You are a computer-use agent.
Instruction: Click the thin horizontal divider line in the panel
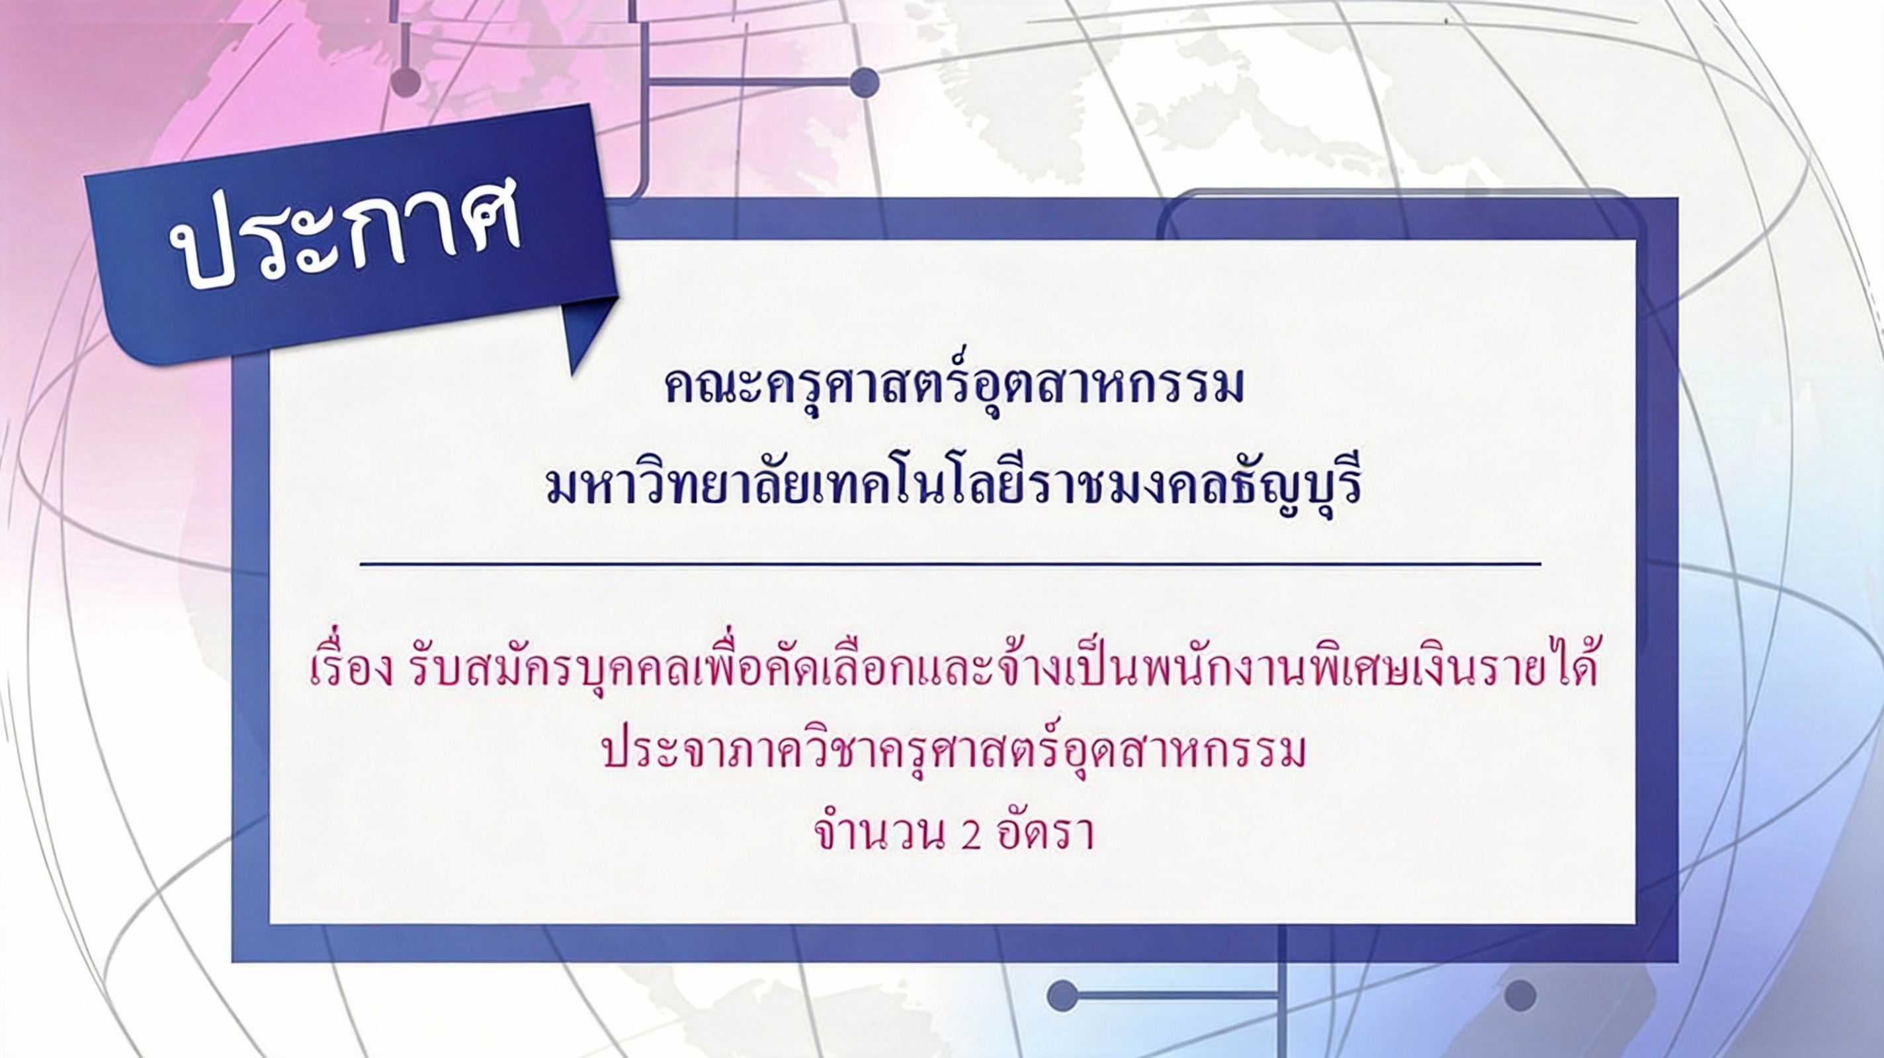point(950,565)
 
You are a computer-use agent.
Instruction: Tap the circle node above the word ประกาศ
point(407,81)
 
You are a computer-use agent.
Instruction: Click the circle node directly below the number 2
point(1062,995)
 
